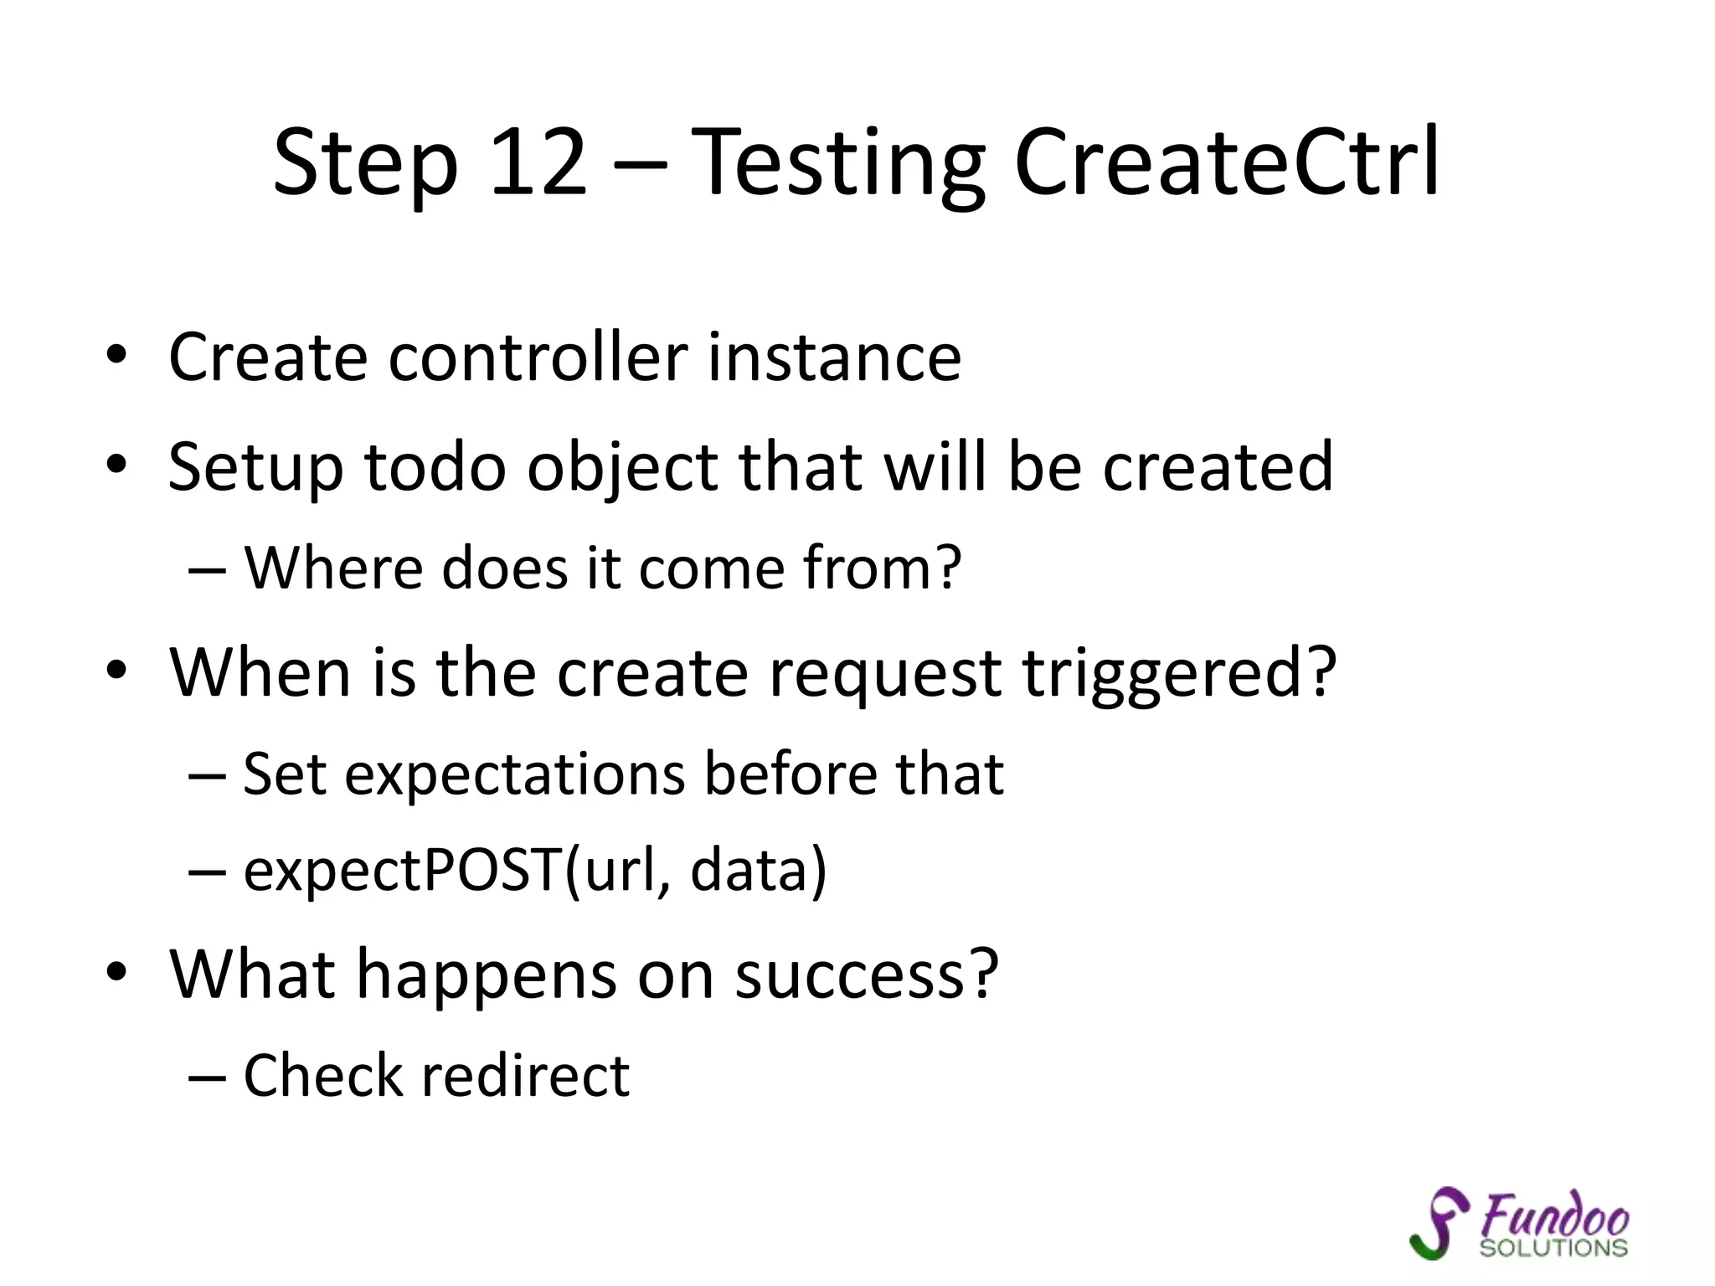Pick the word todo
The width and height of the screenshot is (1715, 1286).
(x=435, y=466)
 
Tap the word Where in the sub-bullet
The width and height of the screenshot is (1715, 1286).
(x=333, y=568)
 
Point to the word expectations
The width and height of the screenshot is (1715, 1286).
(x=515, y=775)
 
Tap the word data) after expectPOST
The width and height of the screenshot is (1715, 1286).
(x=759, y=871)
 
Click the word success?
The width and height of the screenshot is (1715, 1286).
(x=867, y=975)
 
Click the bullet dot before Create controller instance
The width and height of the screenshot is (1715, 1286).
(x=116, y=358)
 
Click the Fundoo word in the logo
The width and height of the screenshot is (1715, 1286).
(x=1554, y=1214)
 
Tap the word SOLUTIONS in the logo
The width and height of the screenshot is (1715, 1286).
(x=1553, y=1248)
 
